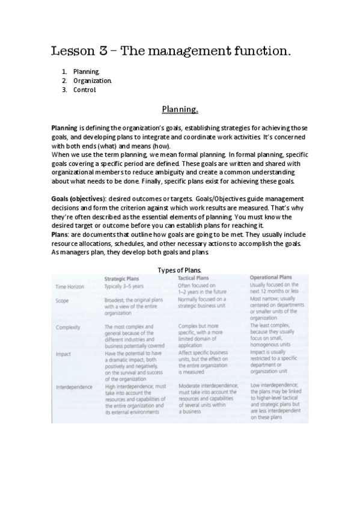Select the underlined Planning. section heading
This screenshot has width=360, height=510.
pos(180,109)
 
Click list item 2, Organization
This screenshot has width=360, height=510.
pos(93,80)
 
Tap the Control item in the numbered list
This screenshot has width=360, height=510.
pos(85,90)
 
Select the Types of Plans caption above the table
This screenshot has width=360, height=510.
pos(180,270)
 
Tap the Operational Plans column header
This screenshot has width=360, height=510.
pos(274,277)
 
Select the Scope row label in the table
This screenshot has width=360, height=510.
pos(63,300)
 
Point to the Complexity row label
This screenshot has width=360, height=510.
pos(69,327)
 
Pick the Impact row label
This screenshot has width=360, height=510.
pos(64,354)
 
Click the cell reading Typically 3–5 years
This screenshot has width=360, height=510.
pos(125,286)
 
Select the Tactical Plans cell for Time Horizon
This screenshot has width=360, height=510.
pos(202,289)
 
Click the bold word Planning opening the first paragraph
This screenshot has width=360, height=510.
pos(64,128)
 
